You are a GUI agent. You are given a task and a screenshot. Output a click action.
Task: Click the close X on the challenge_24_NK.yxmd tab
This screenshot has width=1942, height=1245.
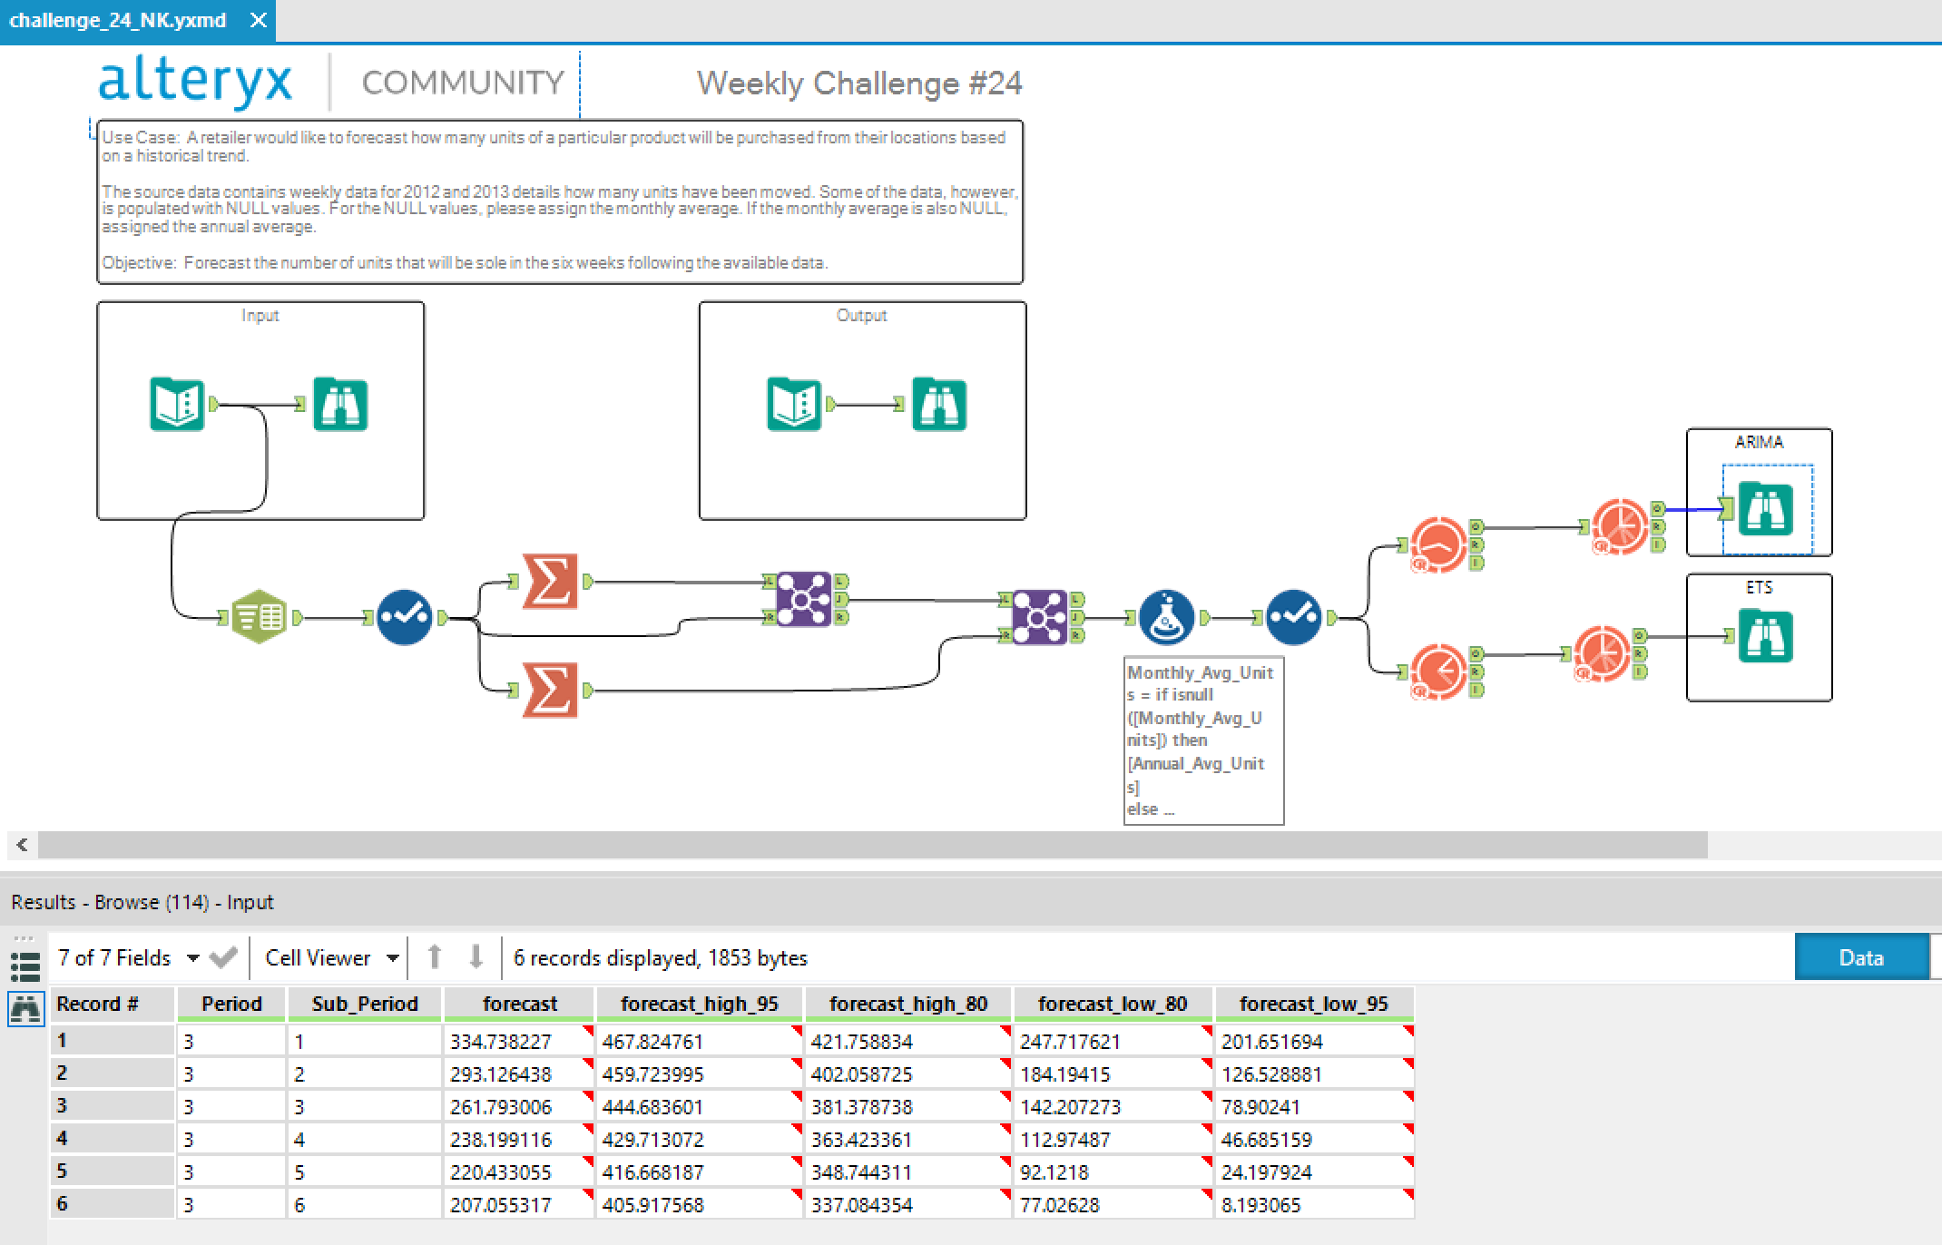click(259, 20)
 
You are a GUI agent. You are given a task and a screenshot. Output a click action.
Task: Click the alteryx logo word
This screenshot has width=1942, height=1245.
click(195, 81)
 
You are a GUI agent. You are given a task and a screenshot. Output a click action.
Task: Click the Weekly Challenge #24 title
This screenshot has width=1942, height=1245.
click(858, 83)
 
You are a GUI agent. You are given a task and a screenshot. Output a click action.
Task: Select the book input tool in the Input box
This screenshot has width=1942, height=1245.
click(177, 405)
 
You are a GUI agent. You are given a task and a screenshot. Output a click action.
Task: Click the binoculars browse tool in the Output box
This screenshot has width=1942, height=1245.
click(938, 405)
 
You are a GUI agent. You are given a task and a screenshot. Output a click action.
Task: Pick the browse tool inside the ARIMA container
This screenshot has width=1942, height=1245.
click(1765, 509)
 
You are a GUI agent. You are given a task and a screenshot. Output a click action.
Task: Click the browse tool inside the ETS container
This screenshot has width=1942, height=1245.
click(1765, 636)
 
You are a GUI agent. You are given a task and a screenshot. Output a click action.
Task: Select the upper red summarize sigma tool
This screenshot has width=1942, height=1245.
click(550, 582)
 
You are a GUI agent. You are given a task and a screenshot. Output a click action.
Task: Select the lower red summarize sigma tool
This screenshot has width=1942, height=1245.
click(550, 691)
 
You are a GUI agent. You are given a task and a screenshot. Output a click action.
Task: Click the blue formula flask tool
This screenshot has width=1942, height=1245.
click(1166, 618)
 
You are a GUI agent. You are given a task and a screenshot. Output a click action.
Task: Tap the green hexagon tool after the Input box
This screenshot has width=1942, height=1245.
click(259, 618)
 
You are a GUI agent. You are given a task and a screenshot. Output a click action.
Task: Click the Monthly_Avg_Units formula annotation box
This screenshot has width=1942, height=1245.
click(1202, 740)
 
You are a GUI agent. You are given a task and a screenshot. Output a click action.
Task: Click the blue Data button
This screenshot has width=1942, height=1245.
click(1860, 958)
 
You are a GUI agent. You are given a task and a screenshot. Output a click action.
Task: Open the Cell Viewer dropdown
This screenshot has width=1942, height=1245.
click(331, 958)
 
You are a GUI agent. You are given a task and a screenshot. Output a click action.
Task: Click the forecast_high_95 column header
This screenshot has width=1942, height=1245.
click(699, 1004)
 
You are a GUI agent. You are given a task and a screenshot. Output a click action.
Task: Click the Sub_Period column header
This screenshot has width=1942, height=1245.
click(364, 1004)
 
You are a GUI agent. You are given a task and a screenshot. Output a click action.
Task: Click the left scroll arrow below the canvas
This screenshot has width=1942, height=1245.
click(22, 845)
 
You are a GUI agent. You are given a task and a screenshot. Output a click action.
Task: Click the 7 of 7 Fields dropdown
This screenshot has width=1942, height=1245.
click(127, 958)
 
